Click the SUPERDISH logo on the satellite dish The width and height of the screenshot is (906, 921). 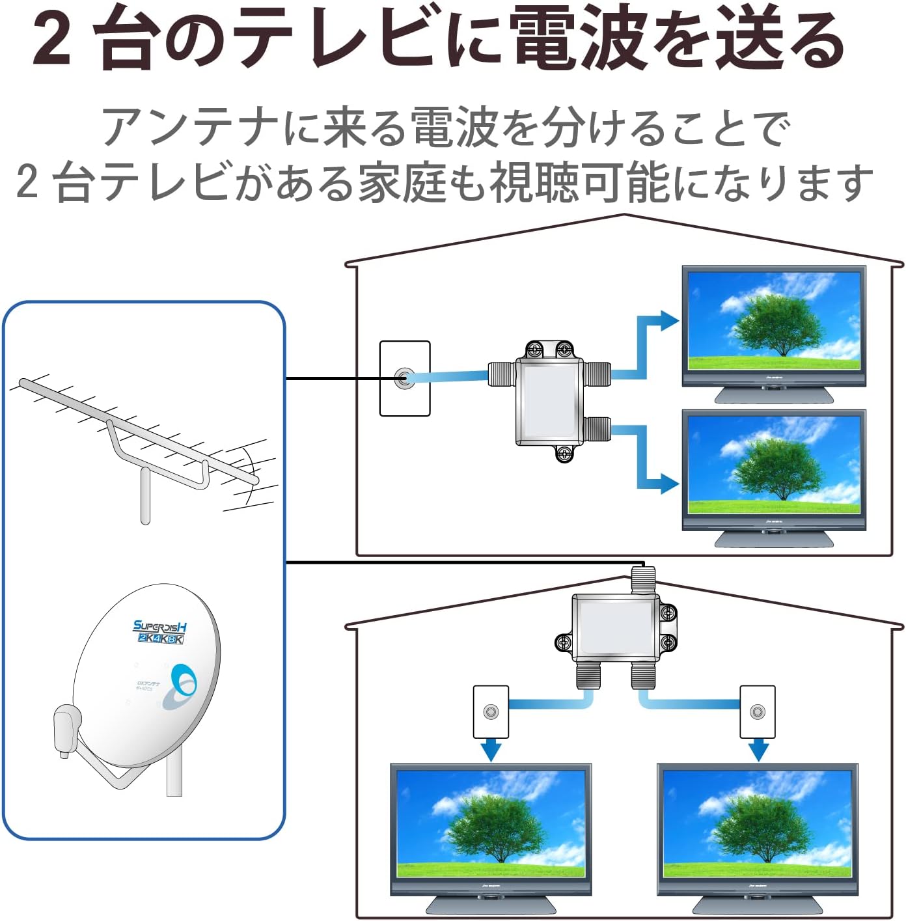coord(160,626)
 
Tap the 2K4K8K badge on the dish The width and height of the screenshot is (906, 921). coord(160,639)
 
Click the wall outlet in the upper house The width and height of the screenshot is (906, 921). coord(405,378)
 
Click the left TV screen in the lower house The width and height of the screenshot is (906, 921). coord(491,823)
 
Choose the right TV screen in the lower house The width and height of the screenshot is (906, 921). coord(757,823)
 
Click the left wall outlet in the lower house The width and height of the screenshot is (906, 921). coord(491,711)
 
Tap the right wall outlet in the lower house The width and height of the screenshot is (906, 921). coord(757,711)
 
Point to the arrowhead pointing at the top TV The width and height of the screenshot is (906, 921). coord(668,320)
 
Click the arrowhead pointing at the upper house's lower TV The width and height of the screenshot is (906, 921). coord(668,484)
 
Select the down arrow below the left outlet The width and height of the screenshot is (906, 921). coord(491,750)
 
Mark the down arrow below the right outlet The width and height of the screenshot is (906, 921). coord(758,750)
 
